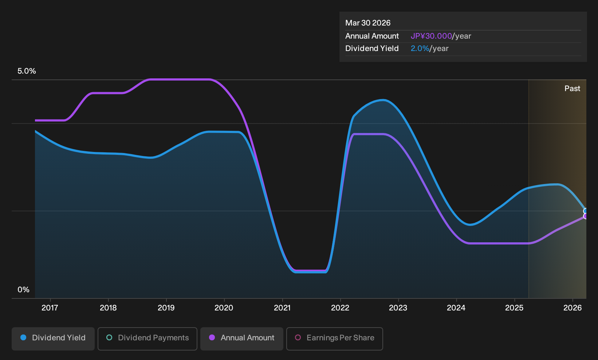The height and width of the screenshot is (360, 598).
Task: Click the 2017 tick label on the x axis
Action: click(x=50, y=308)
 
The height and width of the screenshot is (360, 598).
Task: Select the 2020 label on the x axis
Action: click(x=224, y=308)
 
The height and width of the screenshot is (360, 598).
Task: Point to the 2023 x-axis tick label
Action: click(x=398, y=308)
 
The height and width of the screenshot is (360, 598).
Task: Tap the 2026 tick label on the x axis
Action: click(x=573, y=308)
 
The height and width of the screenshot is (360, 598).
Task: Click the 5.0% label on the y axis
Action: click(x=27, y=71)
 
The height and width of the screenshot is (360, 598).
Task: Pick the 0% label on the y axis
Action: click(x=24, y=290)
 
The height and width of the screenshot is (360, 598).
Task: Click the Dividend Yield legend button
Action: click(x=53, y=339)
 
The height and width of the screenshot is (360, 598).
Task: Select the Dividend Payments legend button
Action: click(x=147, y=339)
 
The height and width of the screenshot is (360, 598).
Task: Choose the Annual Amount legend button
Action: click(x=241, y=339)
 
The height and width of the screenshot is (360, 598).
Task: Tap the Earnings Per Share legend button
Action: click(x=334, y=339)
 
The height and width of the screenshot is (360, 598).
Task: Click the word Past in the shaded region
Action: click(x=573, y=89)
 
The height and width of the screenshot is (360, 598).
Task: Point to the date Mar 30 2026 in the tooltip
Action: click(x=368, y=23)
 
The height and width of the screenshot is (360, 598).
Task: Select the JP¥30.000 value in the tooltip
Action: click(x=431, y=36)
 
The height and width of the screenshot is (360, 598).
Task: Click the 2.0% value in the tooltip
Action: click(x=420, y=48)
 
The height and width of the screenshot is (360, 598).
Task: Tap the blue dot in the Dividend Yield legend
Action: click(x=24, y=337)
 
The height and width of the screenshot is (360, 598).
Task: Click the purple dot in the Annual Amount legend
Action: click(x=212, y=337)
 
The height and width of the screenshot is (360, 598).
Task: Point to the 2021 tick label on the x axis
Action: click(x=282, y=308)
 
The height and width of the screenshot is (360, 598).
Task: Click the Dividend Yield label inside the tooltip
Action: click(x=372, y=48)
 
